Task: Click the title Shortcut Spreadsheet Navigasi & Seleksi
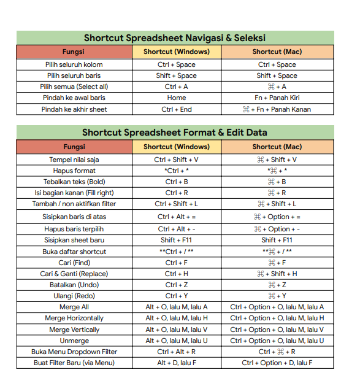click(x=175, y=38)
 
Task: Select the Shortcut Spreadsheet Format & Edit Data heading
click(x=175, y=133)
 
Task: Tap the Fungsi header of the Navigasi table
click(x=74, y=52)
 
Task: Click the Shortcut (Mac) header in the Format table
click(x=277, y=147)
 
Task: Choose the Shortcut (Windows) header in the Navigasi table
click(x=176, y=52)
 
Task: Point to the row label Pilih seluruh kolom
click(x=74, y=64)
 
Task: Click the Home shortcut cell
click(x=176, y=98)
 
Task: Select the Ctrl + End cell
click(x=176, y=109)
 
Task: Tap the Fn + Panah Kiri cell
click(x=277, y=98)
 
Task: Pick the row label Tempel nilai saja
click(x=74, y=160)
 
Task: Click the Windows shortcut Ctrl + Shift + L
click(x=176, y=204)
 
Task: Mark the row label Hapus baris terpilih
click(x=74, y=229)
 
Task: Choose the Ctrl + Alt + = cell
click(x=176, y=217)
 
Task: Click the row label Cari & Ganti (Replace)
click(x=74, y=274)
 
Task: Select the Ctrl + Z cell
click(x=176, y=285)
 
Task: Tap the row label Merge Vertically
click(x=74, y=330)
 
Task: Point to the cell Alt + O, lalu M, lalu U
click(x=176, y=341)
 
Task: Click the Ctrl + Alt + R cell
click(x=176, y=352)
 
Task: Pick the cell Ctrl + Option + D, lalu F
click(x=277, y=363)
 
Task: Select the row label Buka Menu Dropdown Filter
click(x=74, y=352)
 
